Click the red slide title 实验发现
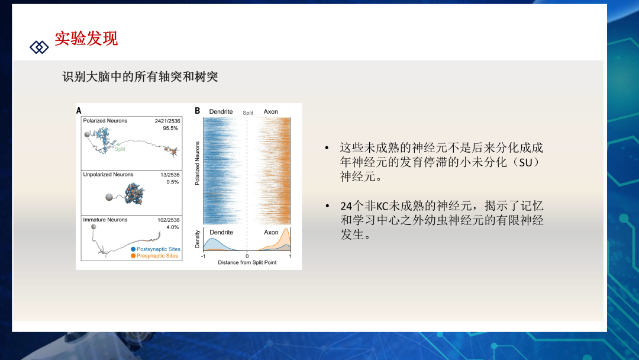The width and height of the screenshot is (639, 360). [x=86, y=38]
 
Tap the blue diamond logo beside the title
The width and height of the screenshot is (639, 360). [x=39, y=47]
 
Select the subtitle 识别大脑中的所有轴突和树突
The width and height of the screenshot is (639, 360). [x=140, y=76]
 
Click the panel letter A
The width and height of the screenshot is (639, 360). [x=79, y=111]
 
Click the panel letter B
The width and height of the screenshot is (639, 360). [x=197, y=111]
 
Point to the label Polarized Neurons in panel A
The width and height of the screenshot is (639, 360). [x=105, y=121]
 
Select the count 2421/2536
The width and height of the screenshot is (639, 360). [x=167, y=121]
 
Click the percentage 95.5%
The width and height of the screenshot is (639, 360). [x=170, y=128]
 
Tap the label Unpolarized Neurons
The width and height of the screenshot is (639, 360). [x=108, y=175]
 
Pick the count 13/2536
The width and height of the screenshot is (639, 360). [x=170, y=175]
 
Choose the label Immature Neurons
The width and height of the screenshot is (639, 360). [x=105, y=220]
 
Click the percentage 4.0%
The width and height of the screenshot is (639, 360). [x=172, y=227]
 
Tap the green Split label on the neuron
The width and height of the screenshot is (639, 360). [x=120, y=149]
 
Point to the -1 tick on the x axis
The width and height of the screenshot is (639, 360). [x=204, y=256]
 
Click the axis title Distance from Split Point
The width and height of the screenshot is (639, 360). [x=247, y=262]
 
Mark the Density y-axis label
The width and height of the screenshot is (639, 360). [x=197, y=239]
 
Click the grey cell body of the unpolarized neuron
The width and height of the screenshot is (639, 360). [x=109, y=197]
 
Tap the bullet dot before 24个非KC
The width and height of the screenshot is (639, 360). [x=327, y=206]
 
